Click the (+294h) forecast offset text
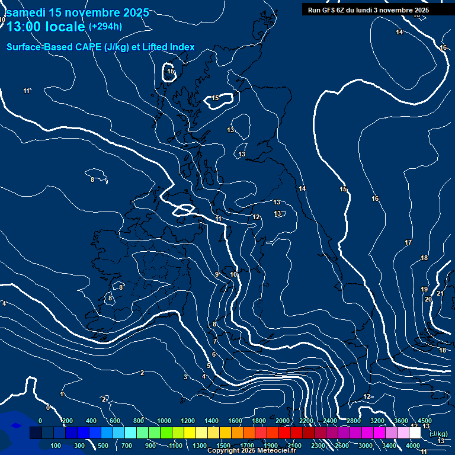pos(105,26)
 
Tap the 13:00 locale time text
pos(46,27)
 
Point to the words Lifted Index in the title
pos(168,47)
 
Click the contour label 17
pos(408,243)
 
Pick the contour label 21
pos(440,294)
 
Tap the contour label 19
pos(424,289)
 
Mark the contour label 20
pos(428,299)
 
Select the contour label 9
pos(217,274)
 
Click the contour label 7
pos(214,342)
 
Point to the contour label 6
pos(213,354)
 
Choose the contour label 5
pos(209,366)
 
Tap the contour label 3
pos(185,377)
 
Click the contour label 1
pos(61,394)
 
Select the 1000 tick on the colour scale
pos(164,421)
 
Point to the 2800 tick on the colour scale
pos(354,421)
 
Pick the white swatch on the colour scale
pos(415,433)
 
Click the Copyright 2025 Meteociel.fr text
pos(251,451)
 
